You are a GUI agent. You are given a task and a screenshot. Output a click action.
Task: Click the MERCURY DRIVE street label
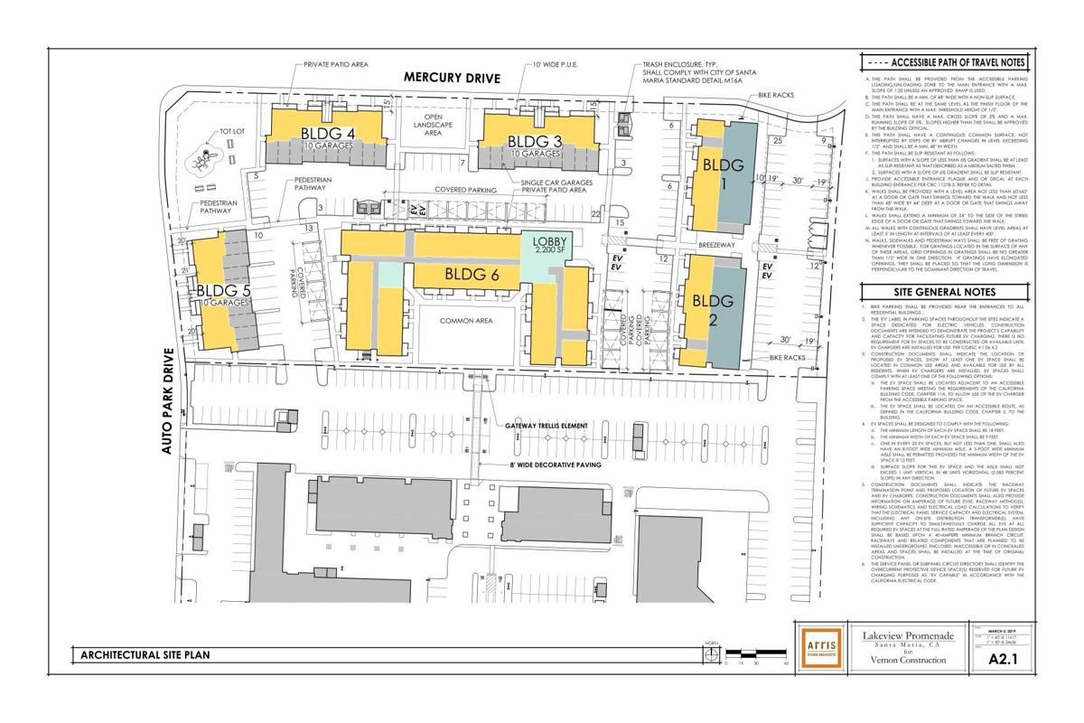[452, 79]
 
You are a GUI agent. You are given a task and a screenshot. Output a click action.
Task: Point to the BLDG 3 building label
[535, 141]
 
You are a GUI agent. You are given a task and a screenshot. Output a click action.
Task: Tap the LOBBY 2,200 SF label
[548, 245]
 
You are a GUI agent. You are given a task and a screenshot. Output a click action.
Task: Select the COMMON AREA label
[464, 321]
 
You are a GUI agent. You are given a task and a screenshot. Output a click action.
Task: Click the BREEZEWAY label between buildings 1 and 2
[714, 243]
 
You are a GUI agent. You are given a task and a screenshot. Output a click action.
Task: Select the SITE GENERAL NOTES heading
[943, 293]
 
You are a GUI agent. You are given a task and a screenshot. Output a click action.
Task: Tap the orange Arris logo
[816, 645]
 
